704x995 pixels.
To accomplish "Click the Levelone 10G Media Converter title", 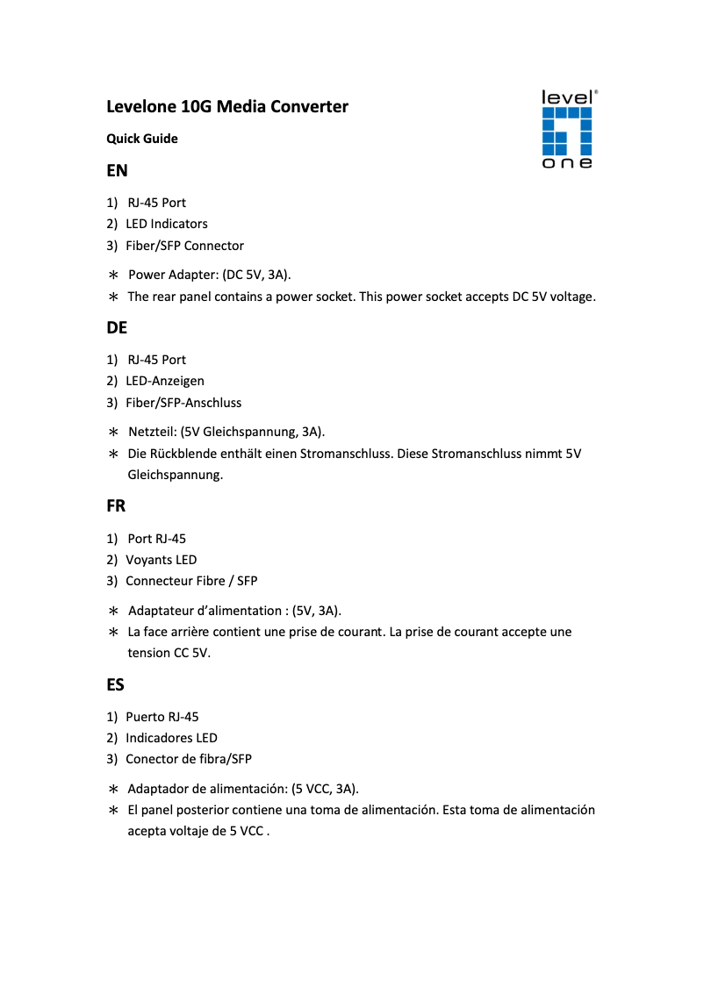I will pyautogui.click(x=227, y=107).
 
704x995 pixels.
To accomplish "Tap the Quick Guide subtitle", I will pyautogui.click(x=142, y=139).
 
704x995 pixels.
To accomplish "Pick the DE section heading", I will pyautogui.click(x=117, y=328).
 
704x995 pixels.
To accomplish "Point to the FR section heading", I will pyautogui.click(x=116, y=506).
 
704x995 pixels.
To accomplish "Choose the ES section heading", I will pyautogui.click(x=116, y=684).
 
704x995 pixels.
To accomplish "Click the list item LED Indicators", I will pyautogui.click(x=167, y=224).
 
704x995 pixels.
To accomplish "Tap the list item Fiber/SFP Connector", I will pyautogui.click(x=184, y=246).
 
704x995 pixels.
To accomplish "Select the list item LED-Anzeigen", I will pyautogui.click(x=165, y=381).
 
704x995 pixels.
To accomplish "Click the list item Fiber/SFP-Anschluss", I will pyautogui.click(x=183, y=403).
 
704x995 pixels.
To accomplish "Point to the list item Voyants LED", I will pyautogui.click(x=162, y=560).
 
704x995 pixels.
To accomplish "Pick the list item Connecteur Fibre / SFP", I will pyautogui.click(x=191, y=581).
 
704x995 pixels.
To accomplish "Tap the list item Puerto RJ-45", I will pyautogui.click(x=162, y=717).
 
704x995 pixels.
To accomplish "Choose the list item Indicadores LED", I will pyautogui.click(x=171, y=738).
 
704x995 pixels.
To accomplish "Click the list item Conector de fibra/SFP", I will pyautogui.click(x=189, y=759).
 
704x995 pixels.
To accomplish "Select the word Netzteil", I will pyautogui.click(x=151, y=432).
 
